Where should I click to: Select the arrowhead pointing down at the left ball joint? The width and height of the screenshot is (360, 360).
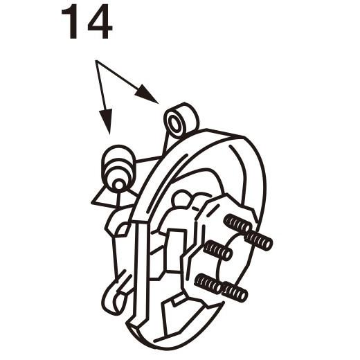[x=106, y=121]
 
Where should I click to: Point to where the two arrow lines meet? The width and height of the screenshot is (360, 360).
[x=96, y=62]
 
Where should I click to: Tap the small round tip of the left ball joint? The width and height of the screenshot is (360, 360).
[x=118, y=184]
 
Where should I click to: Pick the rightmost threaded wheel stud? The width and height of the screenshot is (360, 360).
[x=259, y=240]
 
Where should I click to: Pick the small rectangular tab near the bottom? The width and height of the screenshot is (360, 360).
[x=180, y=300]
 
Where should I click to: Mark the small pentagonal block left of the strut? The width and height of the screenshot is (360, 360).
[x=123, y=229]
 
